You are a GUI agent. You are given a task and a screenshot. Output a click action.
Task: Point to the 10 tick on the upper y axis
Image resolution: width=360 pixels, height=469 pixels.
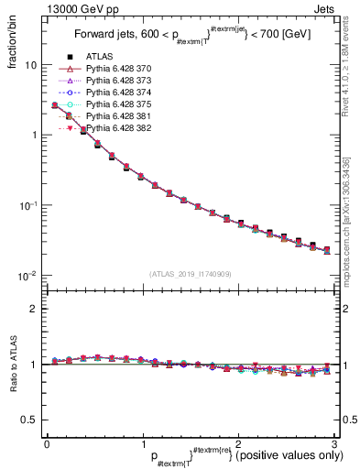click(31, 66)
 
